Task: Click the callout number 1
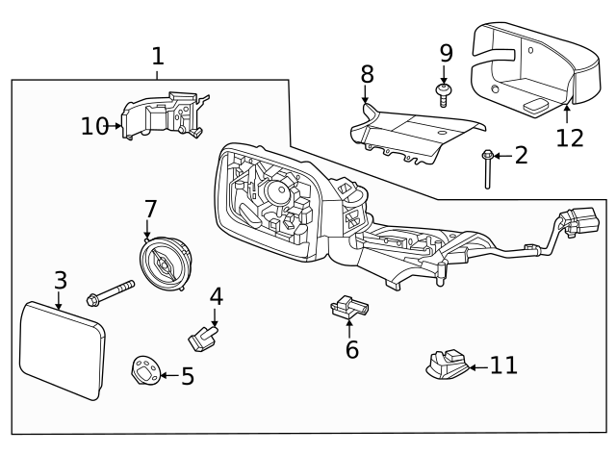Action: pyautogui.click(x=158, y=57)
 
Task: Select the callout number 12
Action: pyautogui.click(x=570, y=138)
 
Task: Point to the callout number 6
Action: pyautogui.click(x=352, y=349)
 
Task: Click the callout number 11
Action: pyautogui.click(x=503, y=365)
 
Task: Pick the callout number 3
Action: pyautogui.click(x=60, y=281)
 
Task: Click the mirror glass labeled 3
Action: pyautogui.click(x=64, y=349)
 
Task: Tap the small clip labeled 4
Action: pyautogui.click(x=203, y=337)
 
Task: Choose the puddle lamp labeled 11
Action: pyautogui.click(x=445, y=365)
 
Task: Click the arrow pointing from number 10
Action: pyautogui.click(x=116, y=125)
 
